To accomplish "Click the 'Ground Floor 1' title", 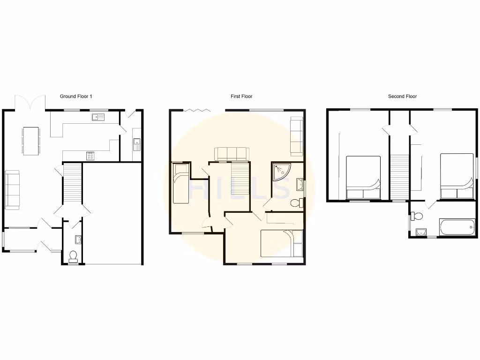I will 76,97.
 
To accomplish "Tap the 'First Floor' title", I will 241,97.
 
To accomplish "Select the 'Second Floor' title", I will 402,97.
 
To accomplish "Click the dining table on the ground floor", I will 31,141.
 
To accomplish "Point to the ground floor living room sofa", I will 13,190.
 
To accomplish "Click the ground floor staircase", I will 72,185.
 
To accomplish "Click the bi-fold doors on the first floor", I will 196,110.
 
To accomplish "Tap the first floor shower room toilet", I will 296,203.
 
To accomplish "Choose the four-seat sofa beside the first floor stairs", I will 230,154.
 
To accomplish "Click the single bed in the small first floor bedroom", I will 180,183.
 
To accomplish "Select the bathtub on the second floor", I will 457,227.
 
